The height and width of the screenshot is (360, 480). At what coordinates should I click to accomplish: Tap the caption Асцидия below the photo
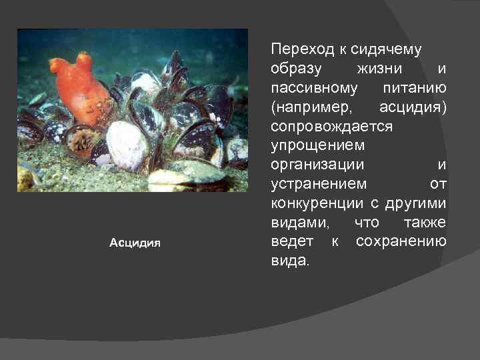tap(135, 243)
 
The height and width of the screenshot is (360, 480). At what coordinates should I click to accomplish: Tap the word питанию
tap(415, 88)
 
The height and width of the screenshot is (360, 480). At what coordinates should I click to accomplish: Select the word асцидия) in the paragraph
tap(413, 107)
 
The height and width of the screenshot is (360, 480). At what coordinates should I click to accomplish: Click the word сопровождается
tap(332, 127)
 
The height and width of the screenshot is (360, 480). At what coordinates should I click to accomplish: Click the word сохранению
tap(401, 241)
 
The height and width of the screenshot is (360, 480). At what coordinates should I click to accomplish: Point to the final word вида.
tap(290, 260)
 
